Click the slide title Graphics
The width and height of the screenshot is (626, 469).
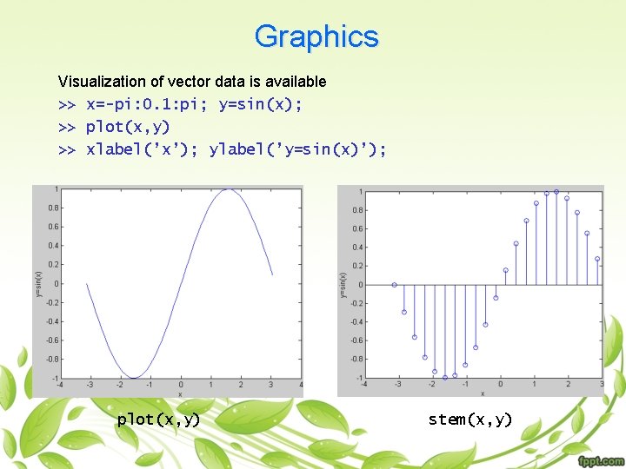coord(316,36)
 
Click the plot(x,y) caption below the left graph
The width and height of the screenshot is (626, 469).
coord(158,419)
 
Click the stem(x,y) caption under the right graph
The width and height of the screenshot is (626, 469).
coord(470,419)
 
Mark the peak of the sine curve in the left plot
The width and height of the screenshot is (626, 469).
coord(228,189)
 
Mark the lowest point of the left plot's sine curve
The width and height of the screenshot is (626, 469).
coord(133,378)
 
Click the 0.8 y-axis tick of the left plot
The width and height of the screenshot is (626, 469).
coord(54,208)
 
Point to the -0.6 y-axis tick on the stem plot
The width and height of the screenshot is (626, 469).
coord(357,340)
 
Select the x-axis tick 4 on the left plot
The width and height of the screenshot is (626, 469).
coord(301,385)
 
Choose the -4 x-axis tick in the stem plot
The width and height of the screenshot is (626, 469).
coord(363,385)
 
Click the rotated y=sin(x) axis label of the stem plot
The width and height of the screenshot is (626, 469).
coord(343,284)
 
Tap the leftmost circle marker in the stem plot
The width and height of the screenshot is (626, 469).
coord(394,284)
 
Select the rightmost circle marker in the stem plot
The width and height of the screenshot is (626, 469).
coord(597,259)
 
